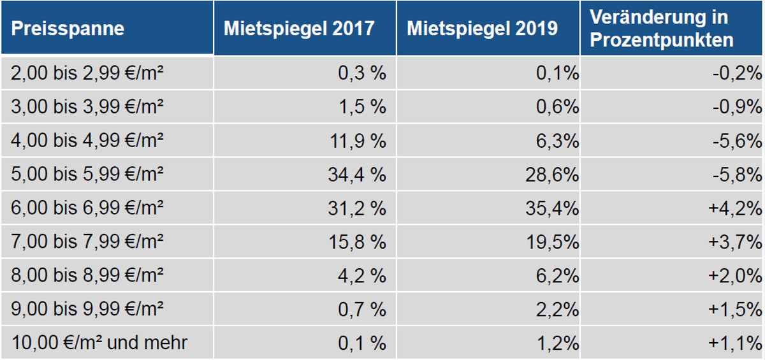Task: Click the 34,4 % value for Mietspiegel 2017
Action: point(357,175)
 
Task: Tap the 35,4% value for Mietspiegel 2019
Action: point(552,208)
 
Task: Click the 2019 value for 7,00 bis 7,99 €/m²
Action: point(552,242)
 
